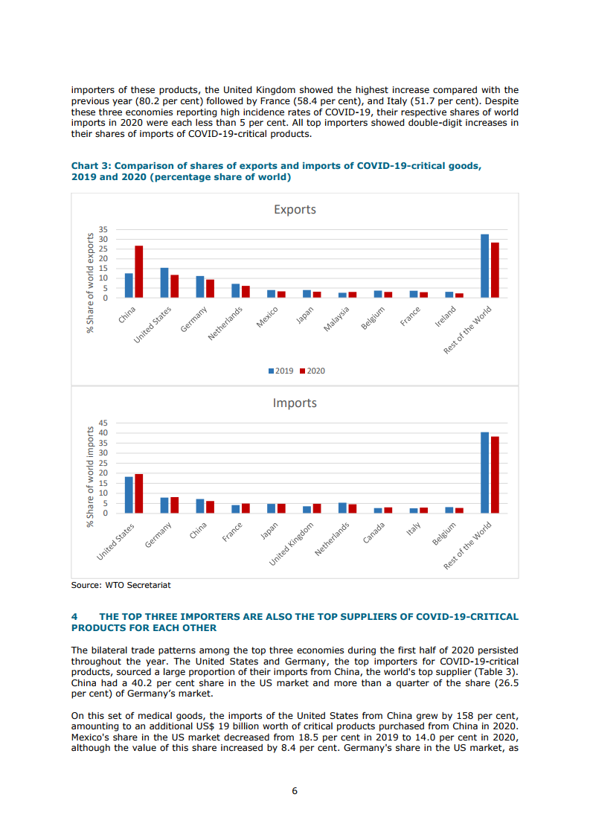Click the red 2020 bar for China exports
(x=138, y=272)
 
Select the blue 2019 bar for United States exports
(x=164, y=283)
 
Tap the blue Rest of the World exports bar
(x=485, y=266)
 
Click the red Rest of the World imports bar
(x=495, y=475)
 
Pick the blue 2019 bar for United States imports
(x=129, y=495)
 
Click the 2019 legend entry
(x=280, y=371)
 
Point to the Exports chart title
(x=295, y=210)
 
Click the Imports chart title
(x=295, y=403)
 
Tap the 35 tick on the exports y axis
(x=103, y=229)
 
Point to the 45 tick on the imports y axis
(x=103, y=423)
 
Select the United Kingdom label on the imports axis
(x=292, y=544)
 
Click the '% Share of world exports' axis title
(x=91, y=283)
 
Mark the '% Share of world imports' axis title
(x=91, y=477)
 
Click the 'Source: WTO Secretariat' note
(x=121, y=585)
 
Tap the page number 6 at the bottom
(x=295, y=791)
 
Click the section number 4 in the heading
(x=74, y=617)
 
